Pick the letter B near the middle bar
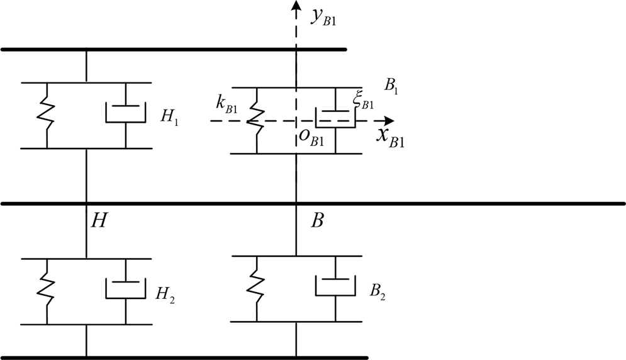click(x=318, y=220)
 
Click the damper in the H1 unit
click(x=125, y=113)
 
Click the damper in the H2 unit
click(x=125, y=289)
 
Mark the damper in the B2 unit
click(x=335, y=286)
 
